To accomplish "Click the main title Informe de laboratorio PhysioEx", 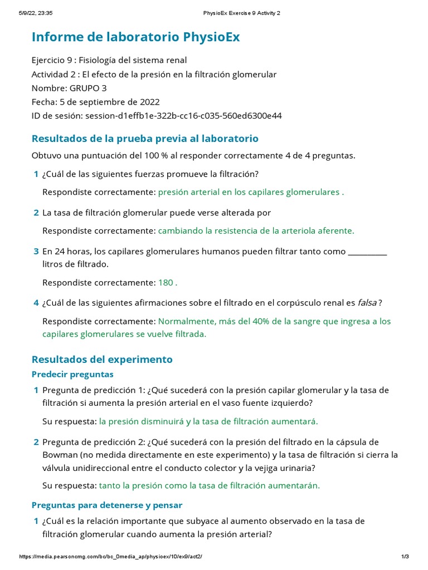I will [x=136, y=37].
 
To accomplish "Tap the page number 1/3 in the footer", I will [x=405, y=557].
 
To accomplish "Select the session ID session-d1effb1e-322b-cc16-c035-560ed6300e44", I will [x=183, y=116].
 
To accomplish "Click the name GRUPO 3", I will [x=88, y=88].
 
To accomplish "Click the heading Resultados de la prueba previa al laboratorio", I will [x=145, y=138].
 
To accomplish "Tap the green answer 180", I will [x=167, y=282].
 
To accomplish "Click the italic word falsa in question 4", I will [x=367, y=303].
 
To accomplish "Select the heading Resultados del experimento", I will [x=102, y=359].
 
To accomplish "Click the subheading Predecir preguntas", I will [x=72, y=374].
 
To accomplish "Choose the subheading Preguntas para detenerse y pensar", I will [x=107, y=505].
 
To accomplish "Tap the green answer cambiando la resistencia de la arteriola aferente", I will [x=256, y=230].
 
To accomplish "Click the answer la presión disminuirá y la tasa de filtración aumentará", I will [x=208, y=421].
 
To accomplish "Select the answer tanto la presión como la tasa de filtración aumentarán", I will [x=210, y=485].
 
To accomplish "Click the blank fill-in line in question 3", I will [x=367, y=252].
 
